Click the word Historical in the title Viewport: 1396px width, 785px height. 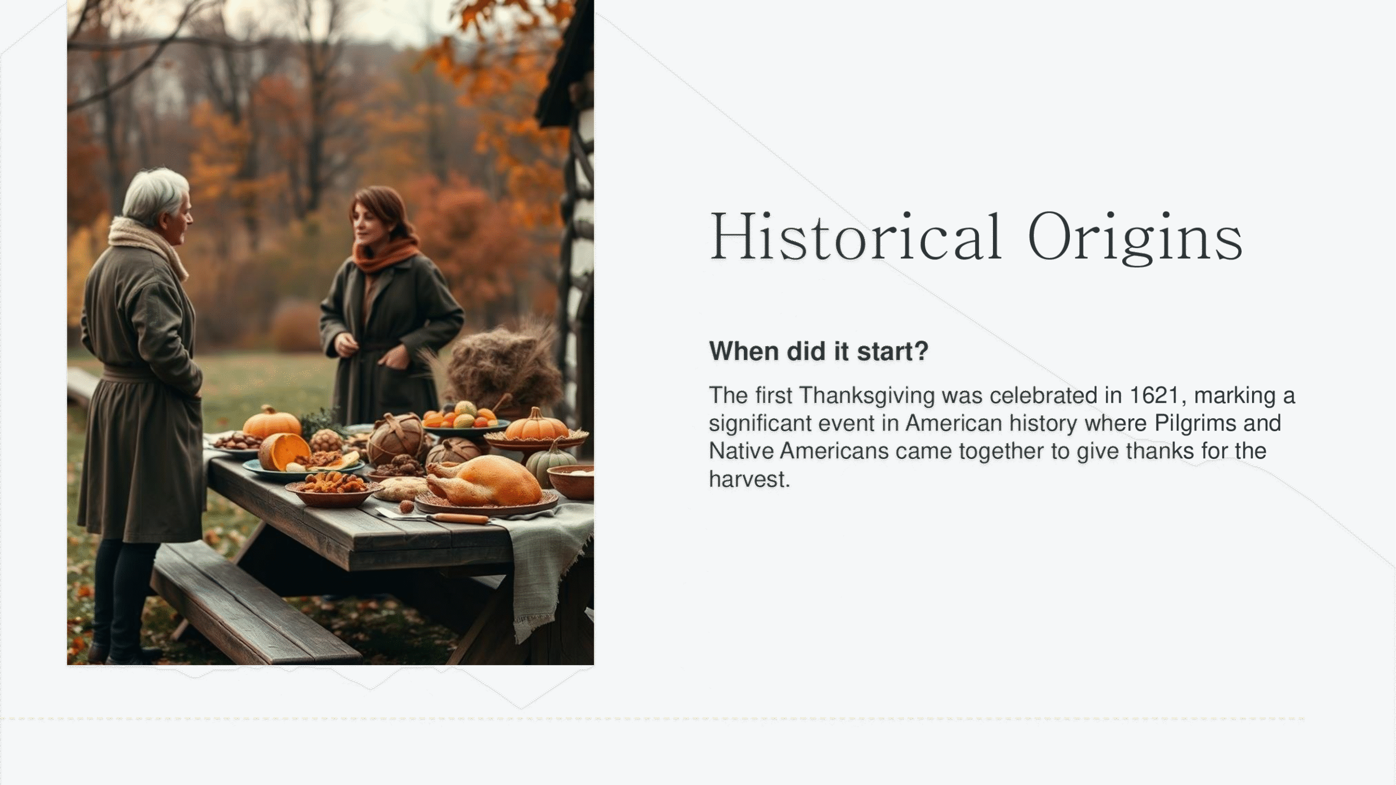point(855,237)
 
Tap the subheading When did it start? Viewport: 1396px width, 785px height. point(819,351)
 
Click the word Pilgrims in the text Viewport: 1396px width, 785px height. point(1194,424)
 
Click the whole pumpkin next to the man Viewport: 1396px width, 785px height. point(272,422)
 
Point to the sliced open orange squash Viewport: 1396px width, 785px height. point(284,452)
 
